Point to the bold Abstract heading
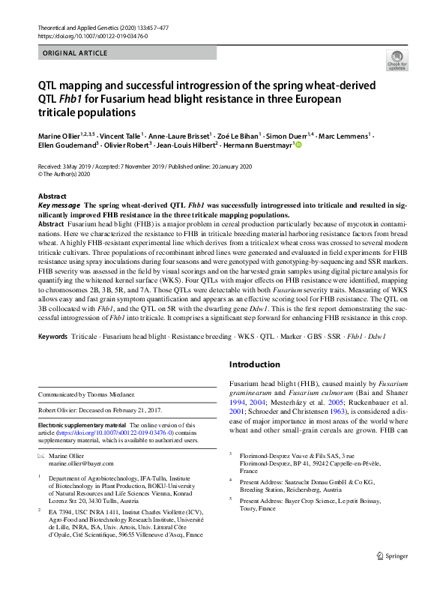52,195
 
